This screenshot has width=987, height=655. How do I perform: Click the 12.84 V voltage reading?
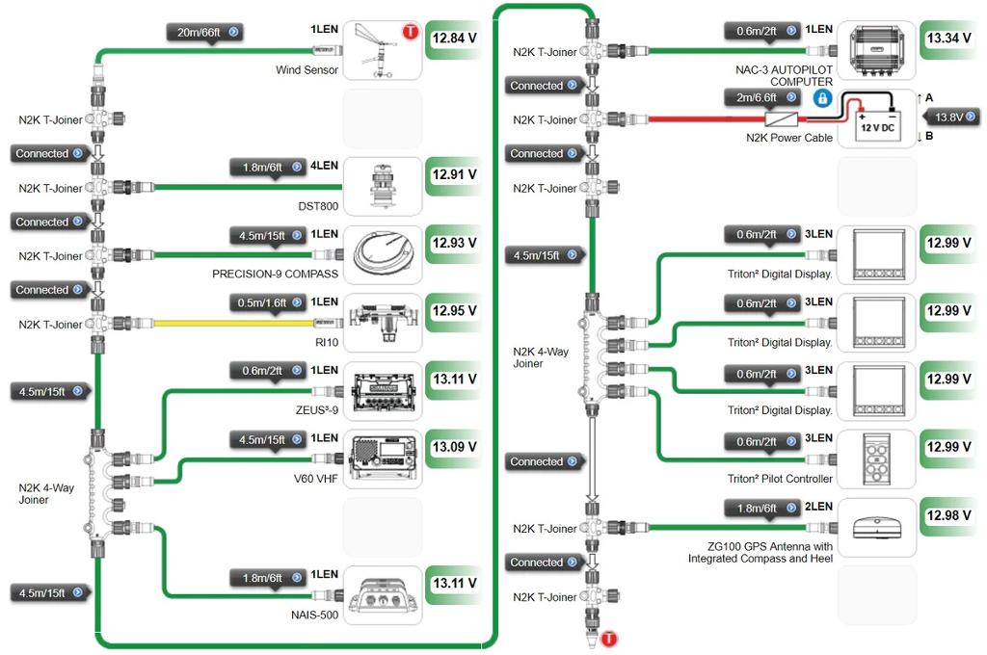(455, 39)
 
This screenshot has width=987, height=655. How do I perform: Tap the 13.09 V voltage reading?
(455, 447)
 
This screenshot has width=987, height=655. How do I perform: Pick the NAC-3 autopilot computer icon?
(876, 49)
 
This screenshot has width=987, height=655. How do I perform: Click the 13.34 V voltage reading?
(948, 39)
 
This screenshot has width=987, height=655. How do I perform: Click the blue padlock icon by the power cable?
(822, 98)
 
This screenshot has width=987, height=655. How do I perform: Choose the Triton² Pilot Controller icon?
(876, 458)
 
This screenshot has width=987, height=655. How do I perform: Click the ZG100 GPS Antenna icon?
(876, 526)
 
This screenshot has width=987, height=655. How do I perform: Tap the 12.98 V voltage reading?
(948, 515)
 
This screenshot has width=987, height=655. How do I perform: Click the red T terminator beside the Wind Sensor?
(411, 32)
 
